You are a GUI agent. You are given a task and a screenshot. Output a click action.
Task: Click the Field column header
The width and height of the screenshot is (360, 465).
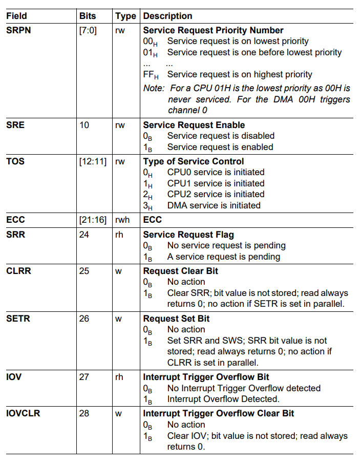pyautogui.click(x=16, y=16)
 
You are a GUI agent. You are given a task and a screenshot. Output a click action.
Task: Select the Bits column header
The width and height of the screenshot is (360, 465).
pyautogui.click(x=88, y=16)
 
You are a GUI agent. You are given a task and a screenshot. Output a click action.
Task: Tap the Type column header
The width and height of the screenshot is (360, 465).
pyautogui.click(x=125, y=16)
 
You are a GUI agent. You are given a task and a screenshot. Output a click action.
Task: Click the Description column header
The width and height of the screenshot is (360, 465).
pyautogui.click(x=167, y=16)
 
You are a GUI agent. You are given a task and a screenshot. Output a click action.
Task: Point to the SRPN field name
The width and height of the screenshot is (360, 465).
pyautogui.click(x=18, y=30)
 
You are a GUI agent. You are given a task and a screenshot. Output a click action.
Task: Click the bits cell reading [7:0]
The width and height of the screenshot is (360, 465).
pyautogui.click(x=88, y=30)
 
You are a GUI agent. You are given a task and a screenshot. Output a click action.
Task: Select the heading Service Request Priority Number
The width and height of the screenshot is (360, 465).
pyautogui.click(x=213, y=30)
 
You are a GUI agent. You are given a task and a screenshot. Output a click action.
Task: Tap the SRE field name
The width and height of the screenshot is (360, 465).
pyautogui.click(x=15, y=125)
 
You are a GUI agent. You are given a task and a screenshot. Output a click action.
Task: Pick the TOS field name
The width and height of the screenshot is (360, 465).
pyautogui.click(x=15, y=161)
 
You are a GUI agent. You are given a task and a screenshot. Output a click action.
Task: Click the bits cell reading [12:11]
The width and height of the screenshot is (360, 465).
pyautogui.click(x=93, y=161)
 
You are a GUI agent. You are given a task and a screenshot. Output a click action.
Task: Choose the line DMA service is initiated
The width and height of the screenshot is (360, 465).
pyautogui.click(x=214, y=205)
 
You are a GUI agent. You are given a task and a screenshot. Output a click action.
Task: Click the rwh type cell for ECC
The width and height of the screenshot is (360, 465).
pyautogui.click(x=123, y=220)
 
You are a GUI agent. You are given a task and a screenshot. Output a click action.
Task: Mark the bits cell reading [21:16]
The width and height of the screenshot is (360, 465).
pyautogui.click(x=93, y=220)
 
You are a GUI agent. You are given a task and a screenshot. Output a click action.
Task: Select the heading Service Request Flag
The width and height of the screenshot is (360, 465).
pyautogui.click(x=188, y=235)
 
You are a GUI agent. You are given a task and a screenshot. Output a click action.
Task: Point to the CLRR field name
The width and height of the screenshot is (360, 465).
pyautogui.click(x=18, y=271)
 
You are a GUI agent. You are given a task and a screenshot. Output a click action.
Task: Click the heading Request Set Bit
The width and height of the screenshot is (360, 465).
pyautogui.click(x=176, y=319)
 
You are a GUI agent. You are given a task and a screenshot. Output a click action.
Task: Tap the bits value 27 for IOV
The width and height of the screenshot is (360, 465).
pyautogui.click(x=84, y=377)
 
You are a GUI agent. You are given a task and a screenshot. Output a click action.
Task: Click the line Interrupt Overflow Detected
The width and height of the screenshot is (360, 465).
pyautogui.click(x=223, y=399)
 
